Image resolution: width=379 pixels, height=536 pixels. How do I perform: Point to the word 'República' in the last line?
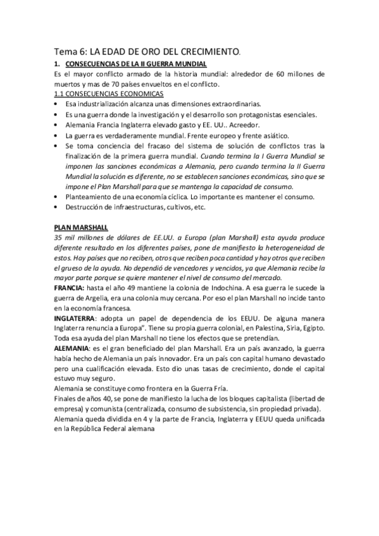click(91, 431)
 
